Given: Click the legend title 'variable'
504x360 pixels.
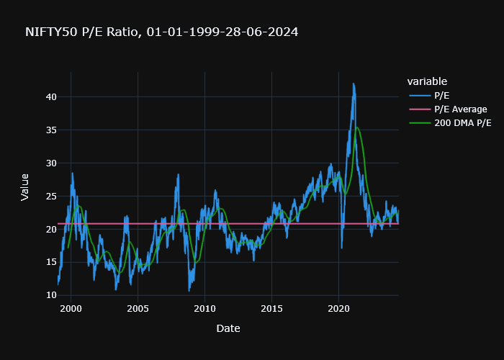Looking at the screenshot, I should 427,81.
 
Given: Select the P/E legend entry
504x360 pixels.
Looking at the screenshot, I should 442,95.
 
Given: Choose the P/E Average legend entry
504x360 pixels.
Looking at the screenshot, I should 460,109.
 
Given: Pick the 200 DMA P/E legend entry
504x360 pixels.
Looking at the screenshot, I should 462,123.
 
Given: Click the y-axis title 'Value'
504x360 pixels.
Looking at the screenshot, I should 25,187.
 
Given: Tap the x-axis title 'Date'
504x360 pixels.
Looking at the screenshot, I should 228,328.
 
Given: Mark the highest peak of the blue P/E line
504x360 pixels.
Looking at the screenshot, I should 354,84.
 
